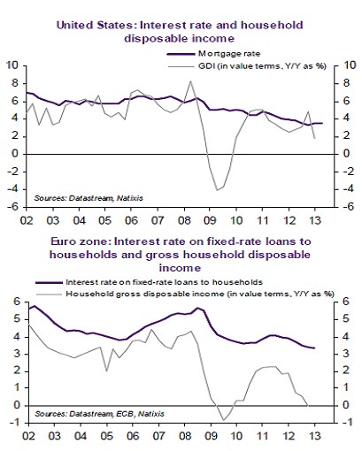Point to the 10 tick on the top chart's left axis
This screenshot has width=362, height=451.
click(x=14, y=65)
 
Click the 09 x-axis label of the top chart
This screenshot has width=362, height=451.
click(x=211, y=219)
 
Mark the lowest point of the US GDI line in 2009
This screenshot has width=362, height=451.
click(x=218, y=190)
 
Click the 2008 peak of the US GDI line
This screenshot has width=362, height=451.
click(x=191, y=81)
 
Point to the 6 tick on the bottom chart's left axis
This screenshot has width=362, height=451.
click(x=14, y=302)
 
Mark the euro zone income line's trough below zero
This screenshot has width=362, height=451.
click(x=226, y=420)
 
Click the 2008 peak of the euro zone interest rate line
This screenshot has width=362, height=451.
click(x=197, y=308)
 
